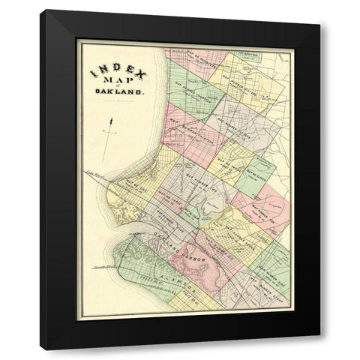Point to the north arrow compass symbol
111,124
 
